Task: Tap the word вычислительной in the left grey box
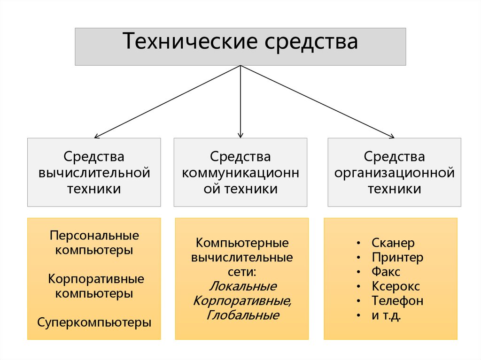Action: click(94, 173)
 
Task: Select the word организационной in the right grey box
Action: click(394, 173)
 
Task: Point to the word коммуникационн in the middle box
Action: click(240, 173)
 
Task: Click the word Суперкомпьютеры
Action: click(94, 322)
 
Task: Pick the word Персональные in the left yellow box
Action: click(94, 235)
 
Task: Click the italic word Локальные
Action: click(242, 286)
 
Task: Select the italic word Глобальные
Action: click(242, 315)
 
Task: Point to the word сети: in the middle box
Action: click(242, 272)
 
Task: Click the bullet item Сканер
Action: click(393, 243)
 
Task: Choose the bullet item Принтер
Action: click(397, 257)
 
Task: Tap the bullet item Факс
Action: click(386, 271)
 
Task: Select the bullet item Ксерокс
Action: click(396, 286)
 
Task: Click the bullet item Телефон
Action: click(397, 300)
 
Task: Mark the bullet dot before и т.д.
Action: click(359, 315)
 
